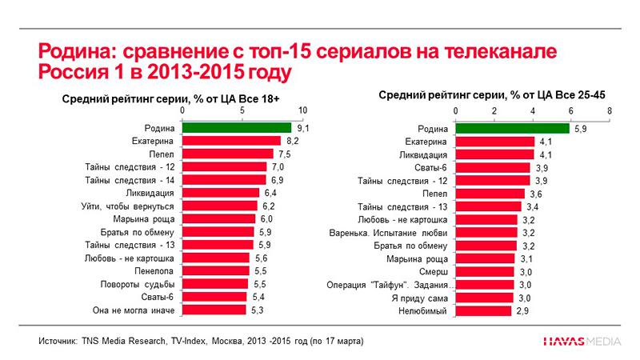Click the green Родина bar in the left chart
237,127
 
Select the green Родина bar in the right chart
512,128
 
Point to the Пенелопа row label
154,271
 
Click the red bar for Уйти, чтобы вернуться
219,206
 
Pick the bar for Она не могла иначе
214,310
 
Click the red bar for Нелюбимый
483,310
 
